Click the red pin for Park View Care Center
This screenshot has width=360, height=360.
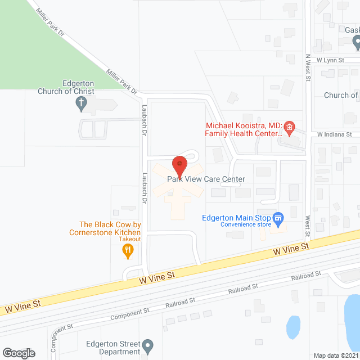tap(179, 165)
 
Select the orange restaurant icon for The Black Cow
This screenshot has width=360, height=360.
tap(128, 251)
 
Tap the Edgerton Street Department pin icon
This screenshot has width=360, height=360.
tap(147, 344)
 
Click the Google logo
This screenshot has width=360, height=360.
tap(19, 353)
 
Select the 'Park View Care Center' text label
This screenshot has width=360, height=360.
tap(206, 179)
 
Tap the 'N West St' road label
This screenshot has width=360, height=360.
tap(308, 68)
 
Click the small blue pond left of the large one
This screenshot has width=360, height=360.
tap(293, 326)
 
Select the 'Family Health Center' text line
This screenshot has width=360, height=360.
tap(243, 134)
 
